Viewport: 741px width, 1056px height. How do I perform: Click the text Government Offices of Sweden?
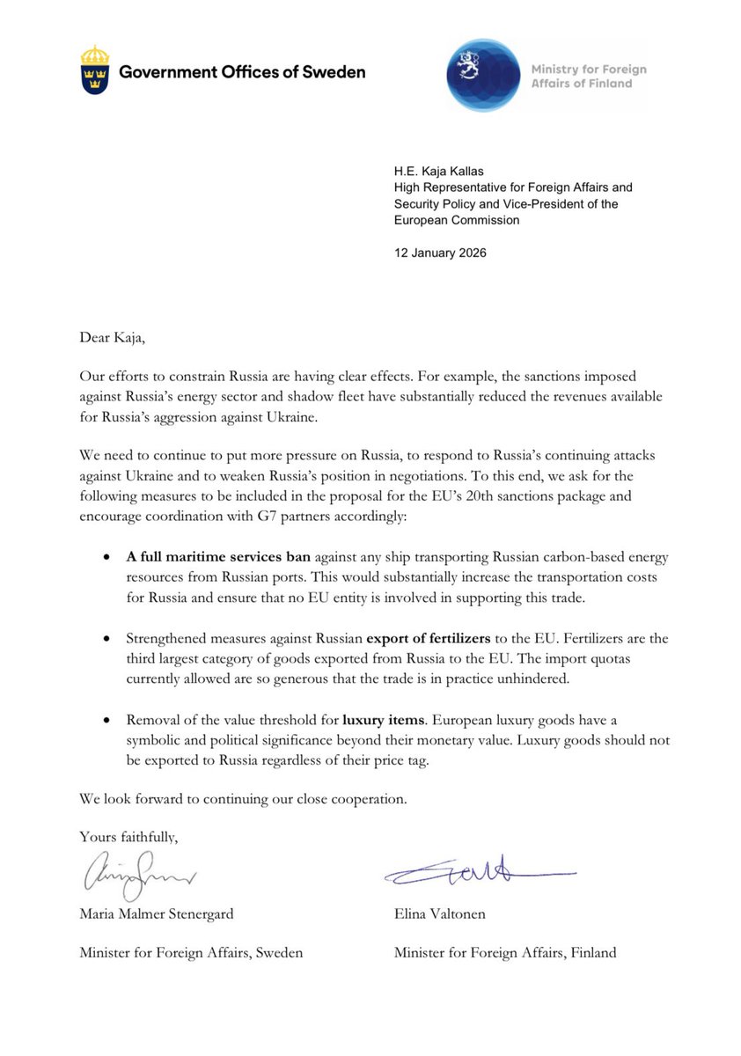[x=242, y=72]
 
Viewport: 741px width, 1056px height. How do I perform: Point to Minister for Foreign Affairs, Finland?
[x=505, y=953]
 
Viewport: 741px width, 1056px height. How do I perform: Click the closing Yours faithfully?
[x=128, y=836]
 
